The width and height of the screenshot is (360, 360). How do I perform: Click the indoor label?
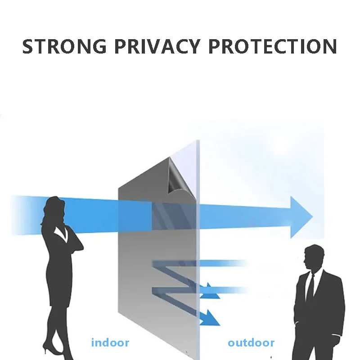click(x=110, y=343)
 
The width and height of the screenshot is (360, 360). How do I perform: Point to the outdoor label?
click(x=251, y=343)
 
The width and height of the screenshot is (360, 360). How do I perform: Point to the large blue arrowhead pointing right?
click(x=301, y=217)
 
